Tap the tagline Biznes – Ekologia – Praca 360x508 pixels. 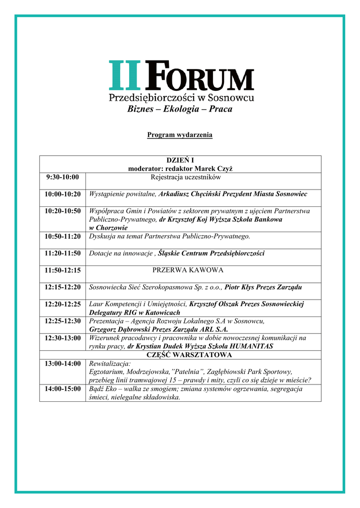pyautogui.click(x=180, y=109)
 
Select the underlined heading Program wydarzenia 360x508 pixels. pyautogui.click(x=180, y=135)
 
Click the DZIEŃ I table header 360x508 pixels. pyautogui.click(x=180, y=160)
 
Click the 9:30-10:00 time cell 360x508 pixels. pyautogui.click(x=62, y=177)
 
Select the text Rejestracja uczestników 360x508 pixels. pyautogui.click(x=186, y=177)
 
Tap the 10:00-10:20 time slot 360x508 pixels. pyautogui.click(x=63, y=194)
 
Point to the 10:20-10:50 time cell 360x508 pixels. pyautogui.click(x=63, y=211)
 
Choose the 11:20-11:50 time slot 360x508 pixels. pyautogui.click(x=63, y=253)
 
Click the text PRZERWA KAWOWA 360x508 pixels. pyautogui.click(x=188, y=270)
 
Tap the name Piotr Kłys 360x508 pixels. pyautogui.click(x=239, y=287)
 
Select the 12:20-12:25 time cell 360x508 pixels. pyautogui.click(x=63, y=304)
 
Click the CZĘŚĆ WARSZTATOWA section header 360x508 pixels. pyautogui.click(x=190, y=355)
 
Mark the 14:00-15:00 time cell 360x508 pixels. pyautogui.click(x=63, y=388)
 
